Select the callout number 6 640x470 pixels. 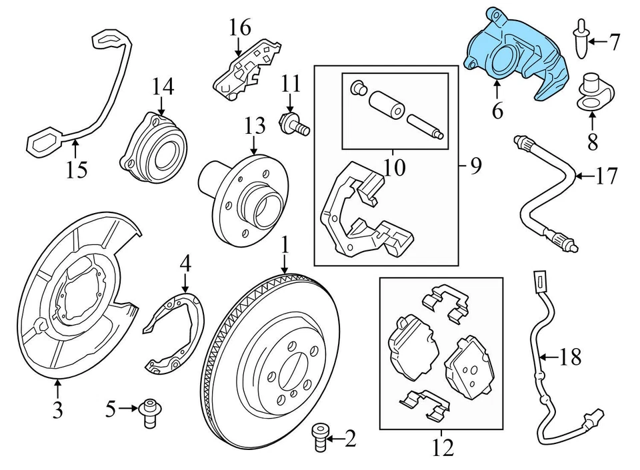pos(497,110)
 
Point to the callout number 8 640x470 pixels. pos(592,140)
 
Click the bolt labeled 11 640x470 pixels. pos(293,124)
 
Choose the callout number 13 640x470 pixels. pos(254,124)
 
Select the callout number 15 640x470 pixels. pos(77,170)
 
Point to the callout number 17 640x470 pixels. pos(607,176)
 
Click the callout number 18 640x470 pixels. pos(570,357)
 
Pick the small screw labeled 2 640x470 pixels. pos(321,439)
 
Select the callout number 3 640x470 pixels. pos(57,409)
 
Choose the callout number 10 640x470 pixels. pos(395,166)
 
